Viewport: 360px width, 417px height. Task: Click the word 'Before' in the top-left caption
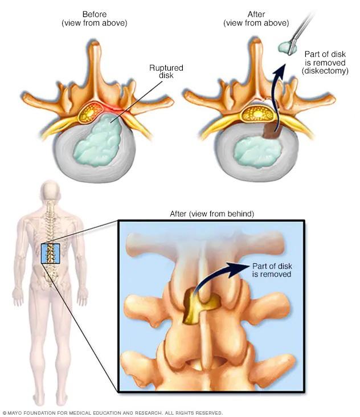(x=95, y=14)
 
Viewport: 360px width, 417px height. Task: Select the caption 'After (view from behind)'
(x=212, y=214)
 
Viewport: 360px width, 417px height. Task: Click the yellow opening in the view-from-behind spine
(x=197, y=308)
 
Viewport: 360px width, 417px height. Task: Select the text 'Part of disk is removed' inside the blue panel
(x=272, y=270)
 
